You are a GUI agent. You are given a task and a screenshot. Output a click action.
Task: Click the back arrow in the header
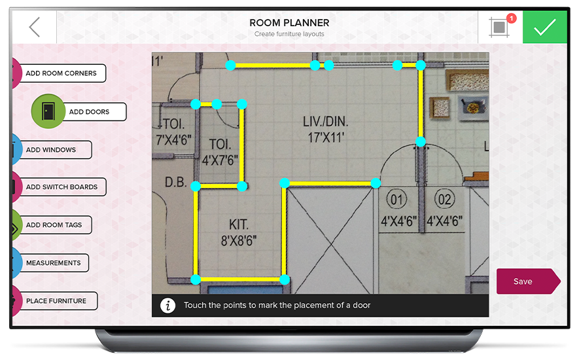[x=34, y=27]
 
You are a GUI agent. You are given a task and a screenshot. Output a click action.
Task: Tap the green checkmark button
[x=545, y=27]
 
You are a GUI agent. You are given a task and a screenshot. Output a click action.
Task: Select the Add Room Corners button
[x=61, y=73]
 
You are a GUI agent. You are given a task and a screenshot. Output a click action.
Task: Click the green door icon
[x=48, y=111]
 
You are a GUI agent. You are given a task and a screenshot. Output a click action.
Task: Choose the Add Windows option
[x=52, y=150]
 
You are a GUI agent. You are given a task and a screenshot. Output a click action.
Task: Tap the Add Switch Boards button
[x=61, y=187]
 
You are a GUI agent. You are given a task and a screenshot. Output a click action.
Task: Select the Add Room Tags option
[x=54, y=225]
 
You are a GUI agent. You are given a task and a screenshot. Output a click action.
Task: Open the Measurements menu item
[x=54, y=262]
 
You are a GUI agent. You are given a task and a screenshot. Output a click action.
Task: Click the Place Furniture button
[x=56, y=301]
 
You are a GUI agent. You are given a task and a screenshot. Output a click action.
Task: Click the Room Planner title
[x=289, y=23]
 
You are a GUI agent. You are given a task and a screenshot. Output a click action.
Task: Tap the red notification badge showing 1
[x=512, y=18]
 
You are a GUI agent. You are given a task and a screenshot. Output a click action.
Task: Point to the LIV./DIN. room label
[x=326, y=122]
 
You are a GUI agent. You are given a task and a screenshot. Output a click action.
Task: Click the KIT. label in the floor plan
[x=239, y=225]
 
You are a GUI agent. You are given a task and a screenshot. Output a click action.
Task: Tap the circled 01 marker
[x=396, y=200]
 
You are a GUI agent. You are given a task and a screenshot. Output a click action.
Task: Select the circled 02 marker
[x=444, y=200]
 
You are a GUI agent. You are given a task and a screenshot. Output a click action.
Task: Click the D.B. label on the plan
[x=176, y=182]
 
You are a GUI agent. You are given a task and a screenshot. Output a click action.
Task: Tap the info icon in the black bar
[x=167, y=306]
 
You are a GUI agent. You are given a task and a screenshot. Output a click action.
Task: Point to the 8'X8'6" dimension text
[x=239, y=241]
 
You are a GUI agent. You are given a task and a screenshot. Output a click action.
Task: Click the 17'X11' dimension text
[x=326, y=138]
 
